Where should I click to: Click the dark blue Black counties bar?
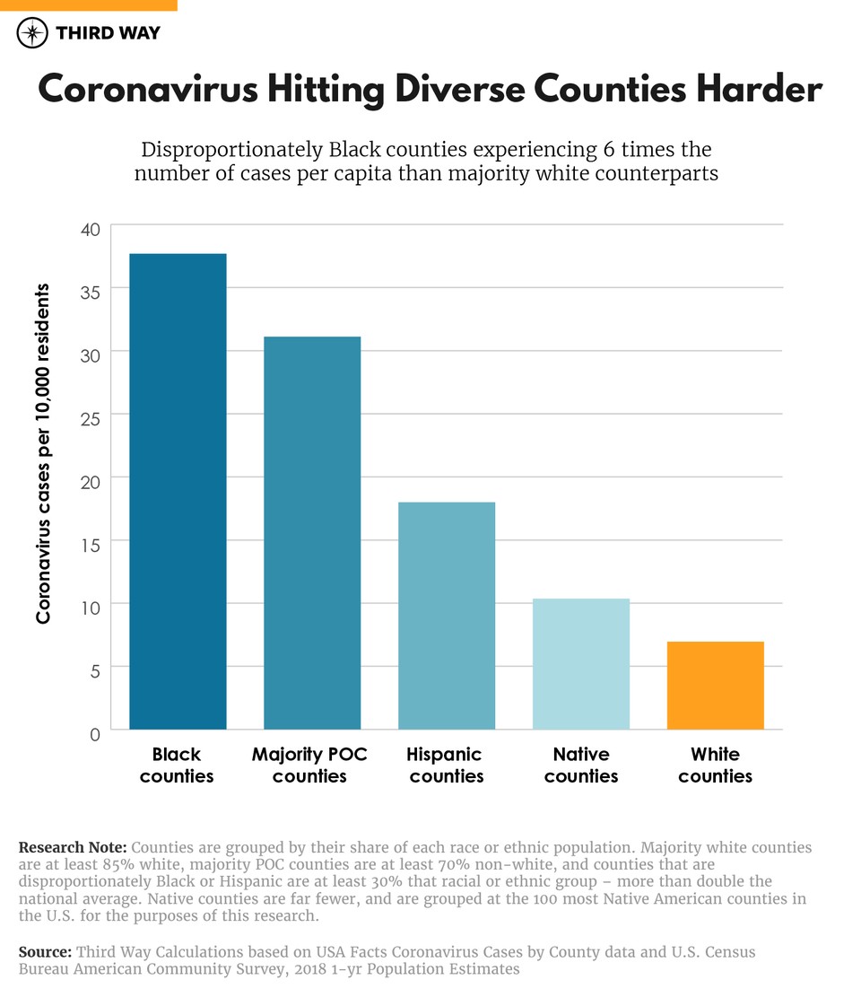[178, 491]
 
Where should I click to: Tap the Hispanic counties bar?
[447, 616]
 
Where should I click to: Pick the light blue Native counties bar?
[581, 663]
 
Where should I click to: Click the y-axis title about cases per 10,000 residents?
[43, 453]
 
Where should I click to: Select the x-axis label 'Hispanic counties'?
[447, 765]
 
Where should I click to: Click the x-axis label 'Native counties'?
[581, 765]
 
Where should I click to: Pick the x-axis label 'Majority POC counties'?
[309, 765]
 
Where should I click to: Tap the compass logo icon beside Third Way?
[33, 33]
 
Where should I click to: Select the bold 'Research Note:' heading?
[73, 847]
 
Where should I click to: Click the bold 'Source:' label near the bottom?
[45, 952]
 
